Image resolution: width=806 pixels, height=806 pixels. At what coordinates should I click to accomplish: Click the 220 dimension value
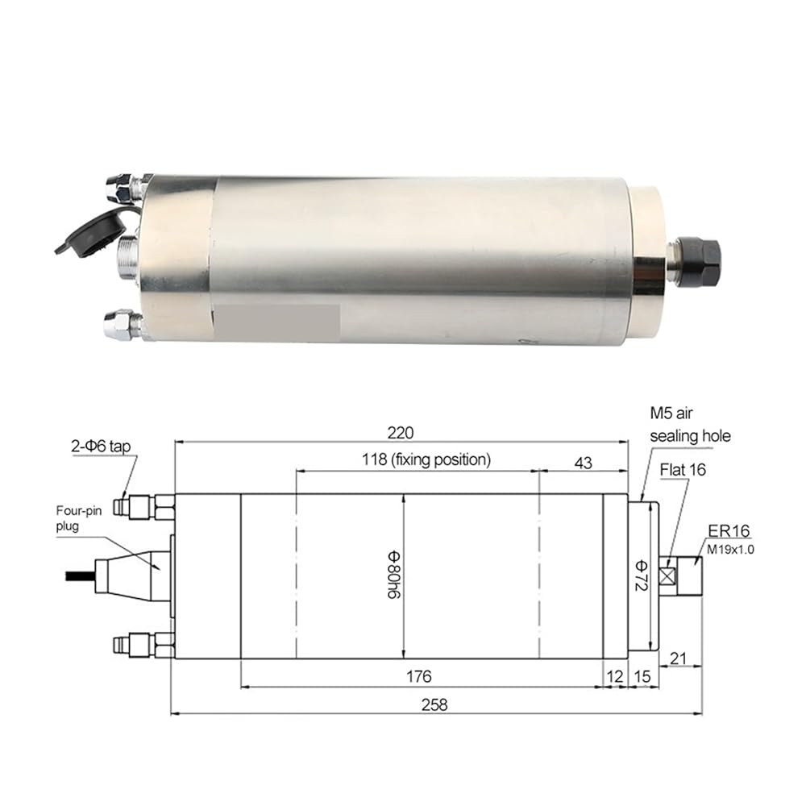coord(401,433)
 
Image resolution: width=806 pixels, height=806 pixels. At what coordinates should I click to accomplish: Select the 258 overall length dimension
coord(434,704)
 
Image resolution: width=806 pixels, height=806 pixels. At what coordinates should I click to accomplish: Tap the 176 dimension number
coord(419,676)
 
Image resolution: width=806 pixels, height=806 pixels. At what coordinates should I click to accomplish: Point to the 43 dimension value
coord(583,463)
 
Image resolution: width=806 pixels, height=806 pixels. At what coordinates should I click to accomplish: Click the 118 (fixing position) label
coord(426,459)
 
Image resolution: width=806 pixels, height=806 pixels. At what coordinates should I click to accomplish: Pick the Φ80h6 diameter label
coord(394,575)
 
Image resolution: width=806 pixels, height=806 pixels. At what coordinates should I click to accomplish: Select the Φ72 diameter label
coord(641,575)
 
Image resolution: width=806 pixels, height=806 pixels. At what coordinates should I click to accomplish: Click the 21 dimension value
coord(679,658)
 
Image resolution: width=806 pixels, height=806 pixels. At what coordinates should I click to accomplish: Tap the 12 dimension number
coord(614,676)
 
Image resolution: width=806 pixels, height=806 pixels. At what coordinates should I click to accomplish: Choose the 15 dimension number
coord(642,676)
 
